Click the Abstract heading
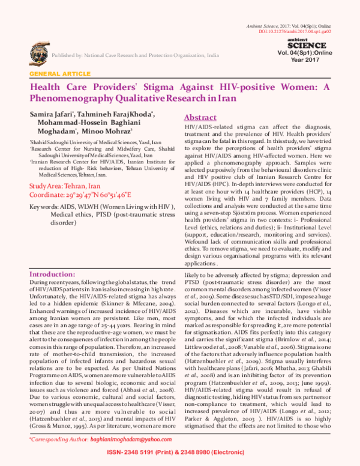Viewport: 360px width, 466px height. pyautogui.click(x=200, y=118)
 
